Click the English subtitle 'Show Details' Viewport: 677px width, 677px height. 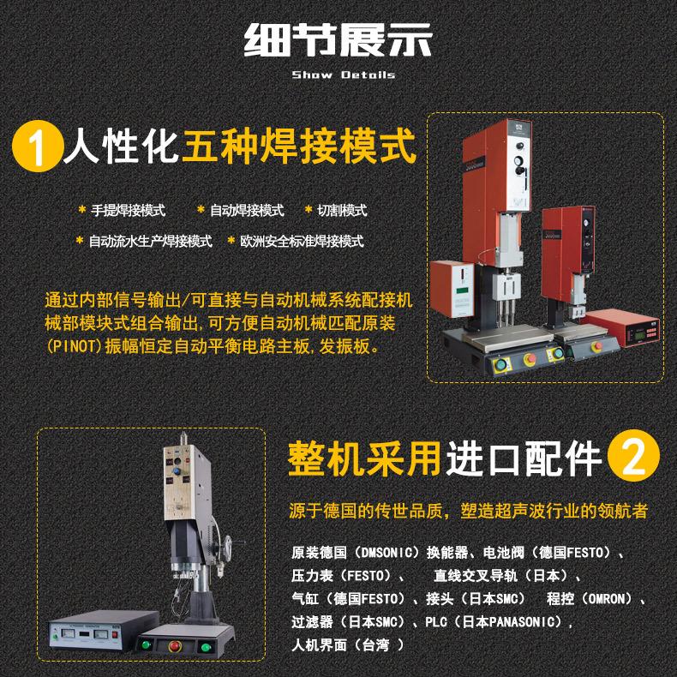[343, 75]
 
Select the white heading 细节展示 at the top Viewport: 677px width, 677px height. [338, 41]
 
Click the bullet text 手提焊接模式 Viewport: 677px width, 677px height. [128, 210]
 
